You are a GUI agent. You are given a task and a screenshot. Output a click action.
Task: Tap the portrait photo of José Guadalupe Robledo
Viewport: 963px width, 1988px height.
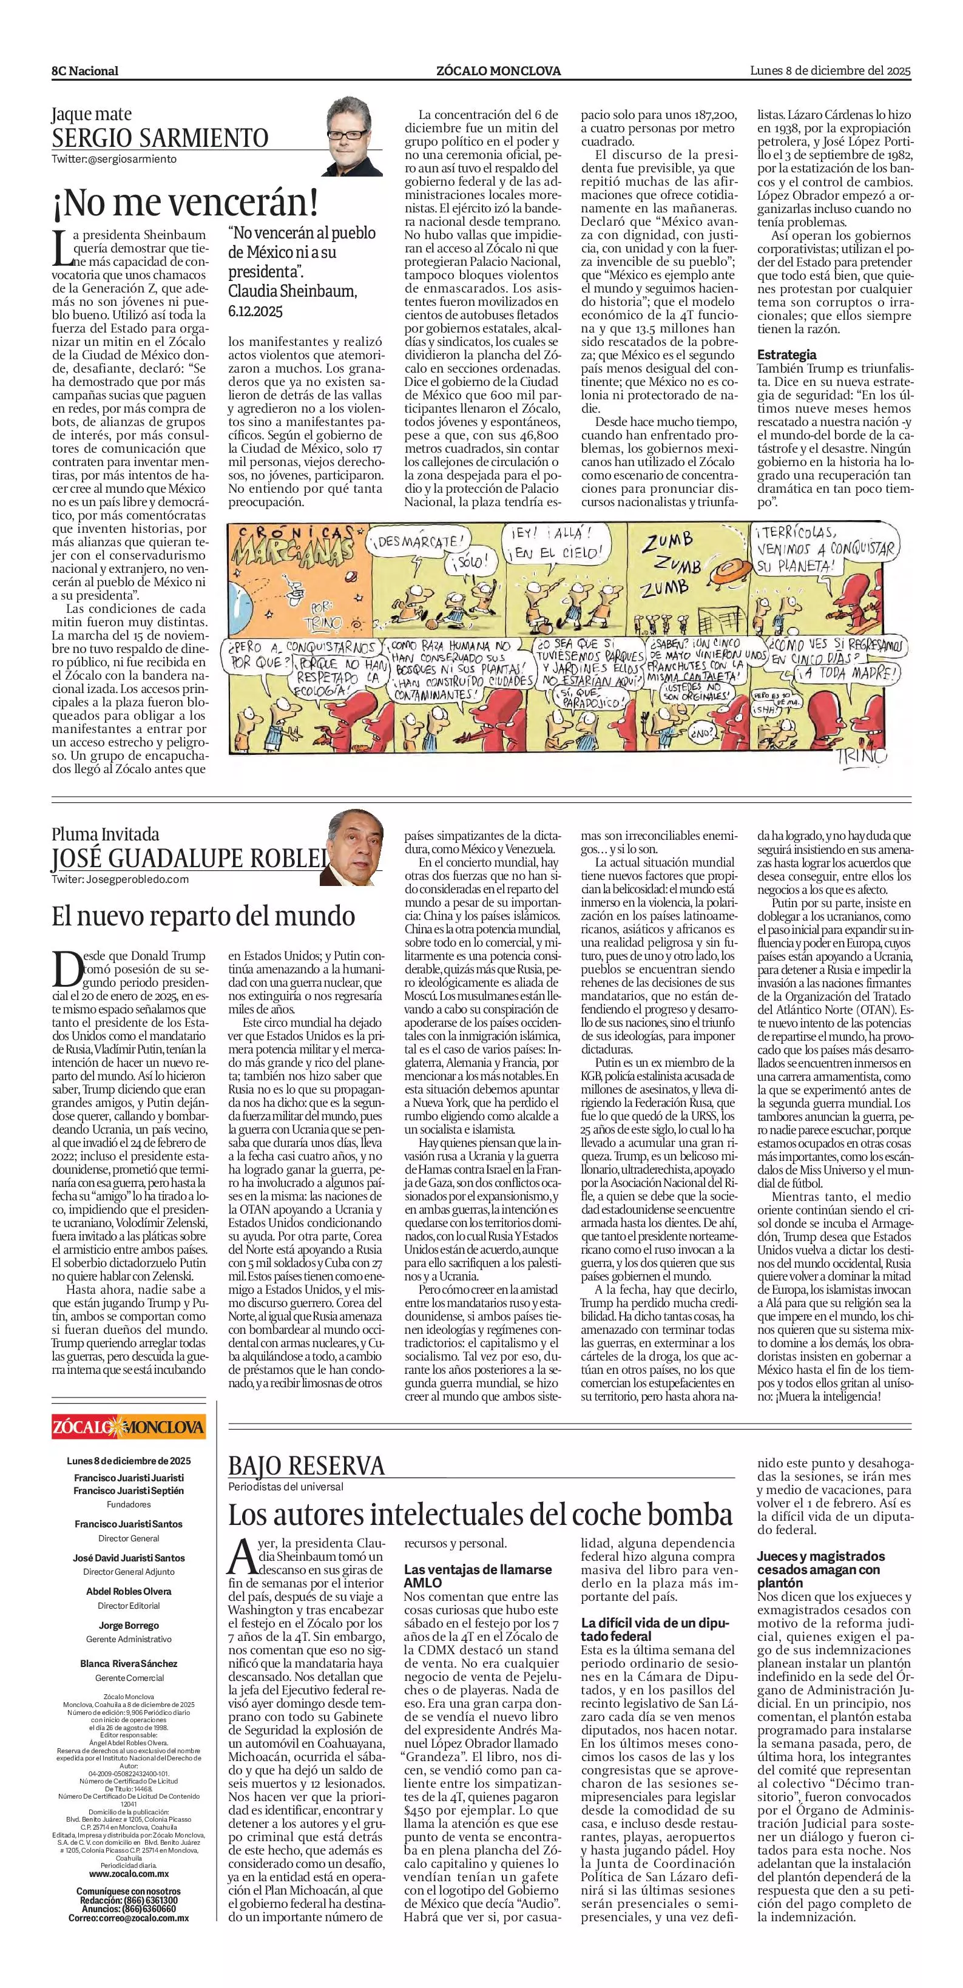click(x=351, y=847)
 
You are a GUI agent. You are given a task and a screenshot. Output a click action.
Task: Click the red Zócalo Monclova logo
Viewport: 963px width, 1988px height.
click(x=129, y=1426)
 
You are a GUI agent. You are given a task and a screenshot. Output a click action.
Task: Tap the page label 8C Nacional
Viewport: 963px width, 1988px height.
click(x=85, y=71)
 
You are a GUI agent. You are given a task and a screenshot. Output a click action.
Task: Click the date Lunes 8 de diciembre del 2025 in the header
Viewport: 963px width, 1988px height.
click(x=830, y=70)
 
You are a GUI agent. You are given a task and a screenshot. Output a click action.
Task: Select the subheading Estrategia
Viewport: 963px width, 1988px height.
click(x=786, y=355)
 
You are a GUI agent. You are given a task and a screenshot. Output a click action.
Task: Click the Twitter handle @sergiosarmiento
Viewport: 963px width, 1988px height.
click(x=114, y=159)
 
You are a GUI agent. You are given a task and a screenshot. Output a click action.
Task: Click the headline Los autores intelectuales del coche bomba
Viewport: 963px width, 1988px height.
click(x=479, y=1514)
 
